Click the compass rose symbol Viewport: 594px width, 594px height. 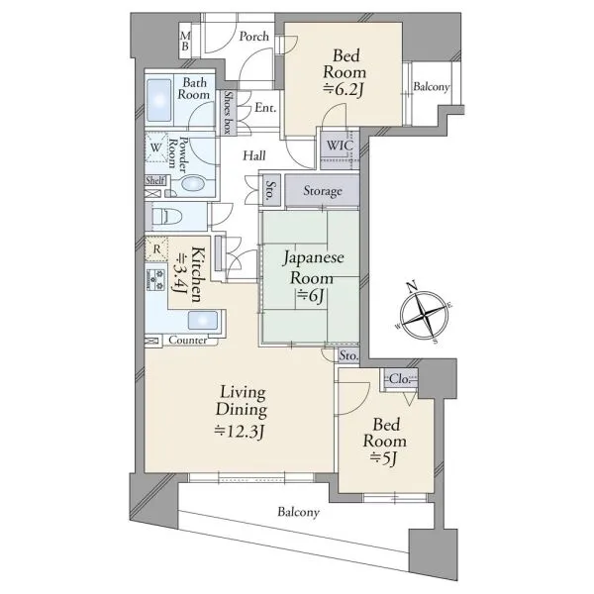point(424,315)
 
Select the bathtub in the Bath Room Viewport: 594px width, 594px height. point(159,100)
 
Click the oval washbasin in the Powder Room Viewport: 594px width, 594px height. point(193,184)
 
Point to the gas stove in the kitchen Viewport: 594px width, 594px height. point(155,279)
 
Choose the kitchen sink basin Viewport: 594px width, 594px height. point(203,321)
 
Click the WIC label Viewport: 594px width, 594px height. point(340,146)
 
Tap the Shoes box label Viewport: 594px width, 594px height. point(228,112)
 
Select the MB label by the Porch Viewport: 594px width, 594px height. point(185,42)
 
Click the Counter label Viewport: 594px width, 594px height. point(188,340)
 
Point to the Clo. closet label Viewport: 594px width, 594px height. point(400,378)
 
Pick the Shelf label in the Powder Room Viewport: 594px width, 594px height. point(155,180)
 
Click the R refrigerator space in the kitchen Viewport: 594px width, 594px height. point(156,248)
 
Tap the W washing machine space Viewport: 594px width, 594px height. point(156,147)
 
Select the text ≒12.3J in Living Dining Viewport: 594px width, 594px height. point(240,431)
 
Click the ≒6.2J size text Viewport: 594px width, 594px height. point(344,89)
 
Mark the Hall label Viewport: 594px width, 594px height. point(254,155)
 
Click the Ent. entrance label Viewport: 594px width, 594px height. point(265,108)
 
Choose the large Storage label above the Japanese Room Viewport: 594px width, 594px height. point(323,191)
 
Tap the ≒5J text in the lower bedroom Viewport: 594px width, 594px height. point(383,458)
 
